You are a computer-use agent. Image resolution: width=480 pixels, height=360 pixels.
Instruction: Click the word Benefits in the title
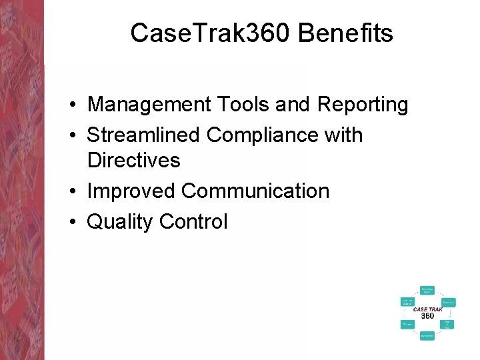346,33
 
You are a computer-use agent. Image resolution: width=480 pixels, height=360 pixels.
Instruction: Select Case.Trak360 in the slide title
211,33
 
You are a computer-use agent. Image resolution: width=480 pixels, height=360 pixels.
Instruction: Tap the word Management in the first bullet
146,105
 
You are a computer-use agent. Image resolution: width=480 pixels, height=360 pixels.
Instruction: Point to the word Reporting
363,105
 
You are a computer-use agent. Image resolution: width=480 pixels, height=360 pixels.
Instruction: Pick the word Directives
133,161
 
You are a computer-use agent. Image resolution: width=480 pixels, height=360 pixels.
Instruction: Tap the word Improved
131,191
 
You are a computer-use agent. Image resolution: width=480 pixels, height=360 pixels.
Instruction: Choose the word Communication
255,191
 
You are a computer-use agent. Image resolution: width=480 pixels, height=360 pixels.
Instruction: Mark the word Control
193,222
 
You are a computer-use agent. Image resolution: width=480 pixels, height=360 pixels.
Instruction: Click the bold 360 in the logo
427,315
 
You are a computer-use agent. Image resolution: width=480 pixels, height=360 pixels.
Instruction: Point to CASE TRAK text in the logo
427,309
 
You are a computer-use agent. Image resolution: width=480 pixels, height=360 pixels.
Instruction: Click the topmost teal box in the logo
427,290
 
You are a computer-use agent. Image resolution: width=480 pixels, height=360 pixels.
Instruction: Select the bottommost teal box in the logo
427,336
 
